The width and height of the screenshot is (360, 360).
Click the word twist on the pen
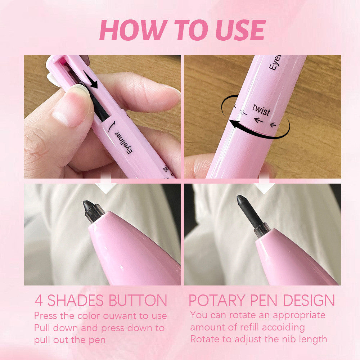click(x=261, y=109)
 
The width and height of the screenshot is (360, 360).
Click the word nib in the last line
click(x=288, y=339)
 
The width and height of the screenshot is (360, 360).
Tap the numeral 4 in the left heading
click(x=39, y=301)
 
